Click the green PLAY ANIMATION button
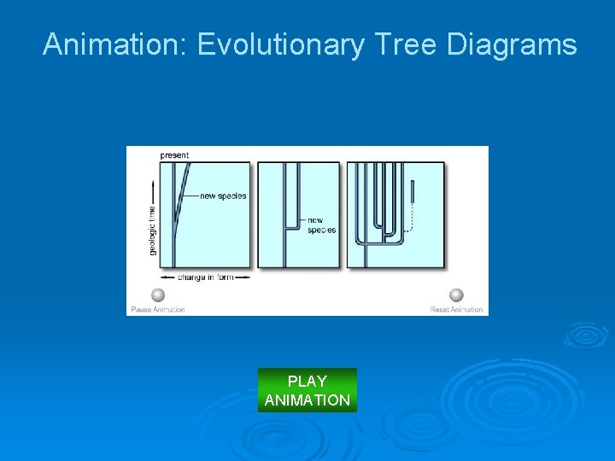pyautogui.click(x=307, y=390)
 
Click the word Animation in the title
pyautogui.click(x=115, y=44)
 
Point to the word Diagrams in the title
pyautogui.click(x=512, y=44)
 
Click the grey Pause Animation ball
pyautogui.click(x=158, y=295)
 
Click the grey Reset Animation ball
pyautogui.click(x=456, y=295)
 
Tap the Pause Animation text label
pyautogui.click(x=158, y=309)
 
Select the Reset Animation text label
pyautogui.click(x=456, y=309)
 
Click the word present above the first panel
pyautogui.click(x=174, y=155)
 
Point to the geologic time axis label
pyautogui.click(x=153, y=230)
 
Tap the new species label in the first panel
pyautogui.click(x=223, y=196)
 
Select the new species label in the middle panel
pyautogui.click(x=321, y=225)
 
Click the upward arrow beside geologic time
pyautogui.click(x=153, y=188)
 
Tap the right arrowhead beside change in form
pyautogui.click(x=247, y=277)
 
